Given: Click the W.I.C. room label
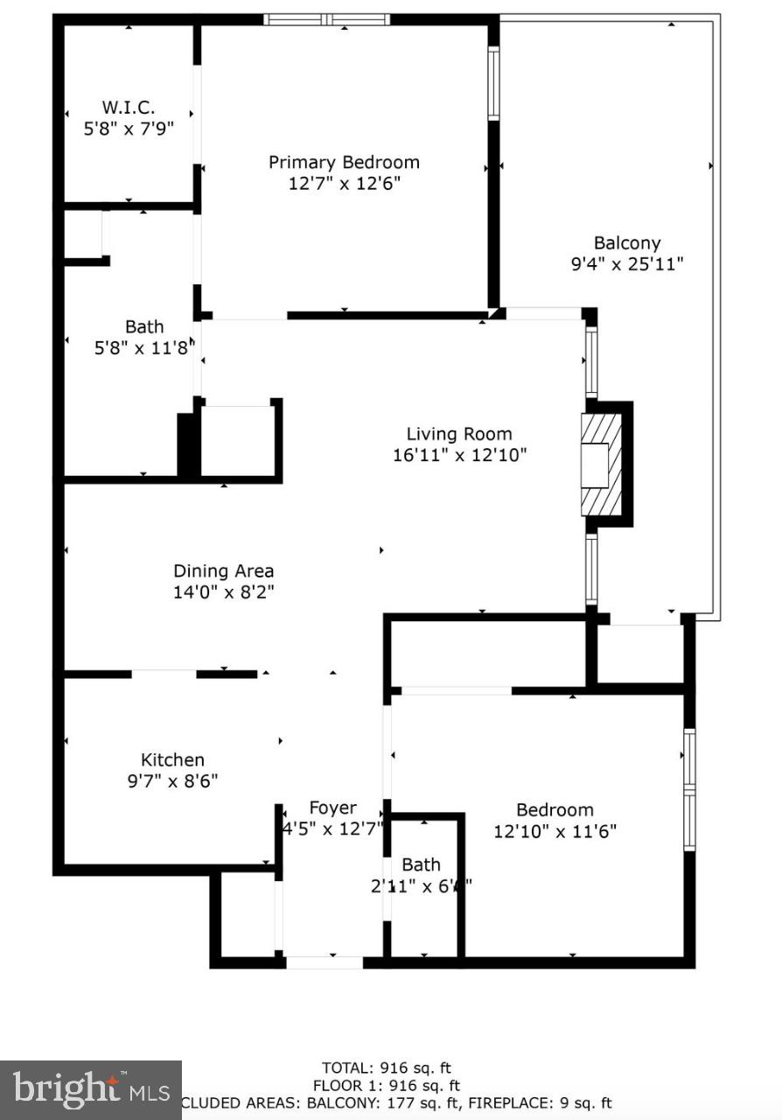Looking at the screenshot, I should point(129,107).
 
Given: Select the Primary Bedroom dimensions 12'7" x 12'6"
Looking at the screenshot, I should point(344,184).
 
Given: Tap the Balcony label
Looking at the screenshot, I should point(626,242).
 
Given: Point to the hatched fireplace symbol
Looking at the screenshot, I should point(601,465).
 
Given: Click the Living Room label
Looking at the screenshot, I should point(459,433).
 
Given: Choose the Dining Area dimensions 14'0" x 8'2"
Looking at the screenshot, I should point(223,592).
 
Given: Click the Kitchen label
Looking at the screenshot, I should point(172,759).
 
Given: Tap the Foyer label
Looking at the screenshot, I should point(332,808).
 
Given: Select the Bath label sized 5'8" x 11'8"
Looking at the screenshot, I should point(143,326).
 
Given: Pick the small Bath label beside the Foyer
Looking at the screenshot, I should point(421,864).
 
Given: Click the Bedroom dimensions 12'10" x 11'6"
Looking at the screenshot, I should point(555,831).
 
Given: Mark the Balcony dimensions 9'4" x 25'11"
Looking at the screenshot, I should point(626,263).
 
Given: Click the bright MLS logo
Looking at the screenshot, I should point(90,1089).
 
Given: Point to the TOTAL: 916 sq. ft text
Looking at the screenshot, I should point(387,1067).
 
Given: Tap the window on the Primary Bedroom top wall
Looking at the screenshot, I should point(327,19).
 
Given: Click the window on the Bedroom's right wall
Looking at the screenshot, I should point(689,789).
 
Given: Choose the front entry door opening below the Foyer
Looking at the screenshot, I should point(325,962).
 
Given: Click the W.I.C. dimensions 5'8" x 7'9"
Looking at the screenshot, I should point(129,128).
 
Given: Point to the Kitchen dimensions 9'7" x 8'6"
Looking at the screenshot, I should point(172,780).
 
